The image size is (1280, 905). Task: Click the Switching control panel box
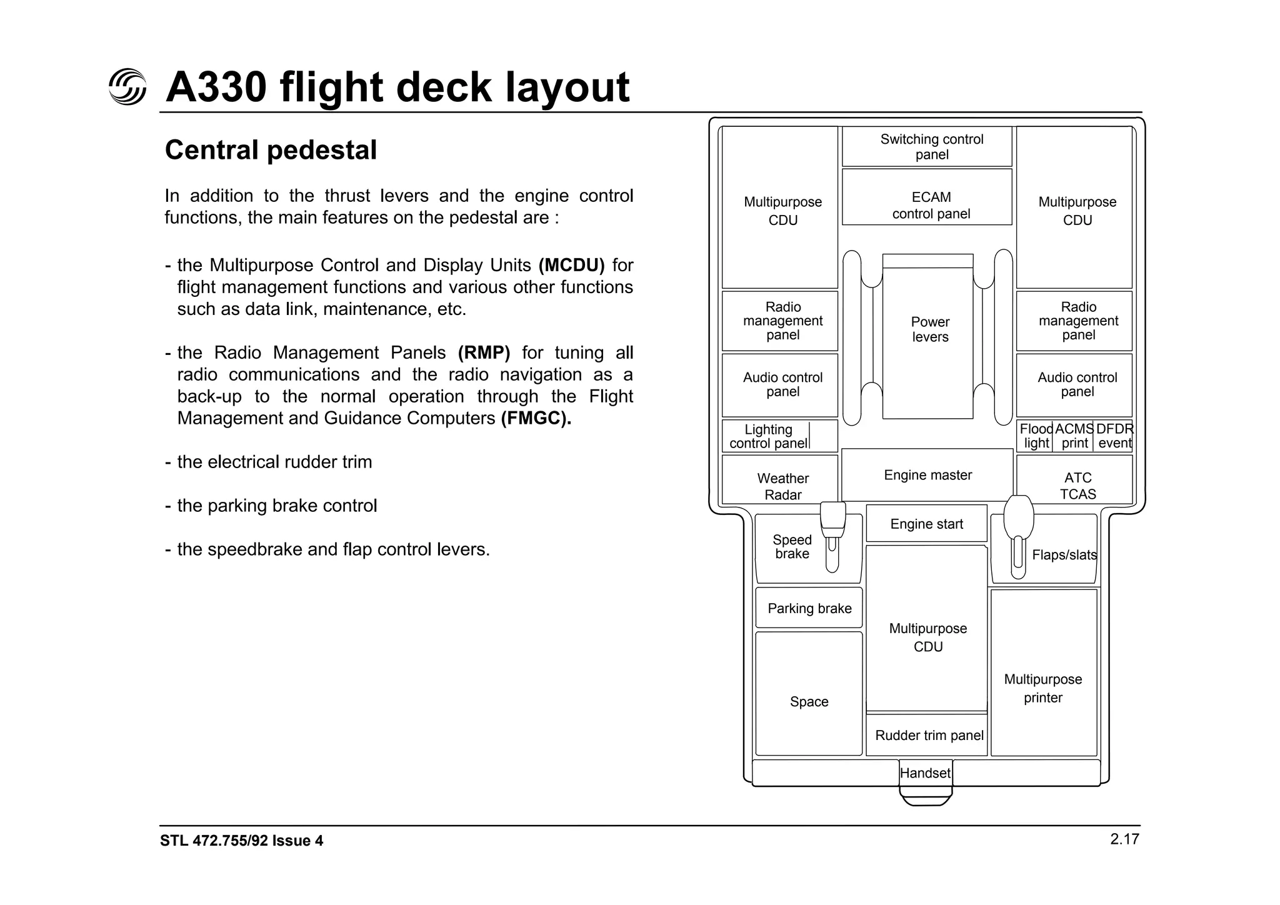click(x=927, y=147)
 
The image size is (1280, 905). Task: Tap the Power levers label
click(x=930, y=329)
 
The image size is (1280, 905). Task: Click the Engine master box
click(x=927, y=475)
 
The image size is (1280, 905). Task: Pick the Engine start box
click(x=926, y=524)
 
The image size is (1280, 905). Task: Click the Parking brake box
click(x=809, y=608)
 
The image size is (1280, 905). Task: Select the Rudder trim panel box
click(x=927, y=735)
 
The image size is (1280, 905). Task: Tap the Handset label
click(x=926, y=773)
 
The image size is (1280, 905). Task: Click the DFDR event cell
click(x=1114, y=436)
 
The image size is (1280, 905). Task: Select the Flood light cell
click(x=1036, y=436)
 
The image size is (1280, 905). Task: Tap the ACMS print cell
click(x=1074, y=436)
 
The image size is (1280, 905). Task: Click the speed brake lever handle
click(x=832, y=516)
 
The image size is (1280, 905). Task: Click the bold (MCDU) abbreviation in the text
click(x=571, y=266)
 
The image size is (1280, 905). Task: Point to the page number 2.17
click(x=1124, y=839)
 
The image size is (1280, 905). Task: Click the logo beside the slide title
click(x=127, y=86)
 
